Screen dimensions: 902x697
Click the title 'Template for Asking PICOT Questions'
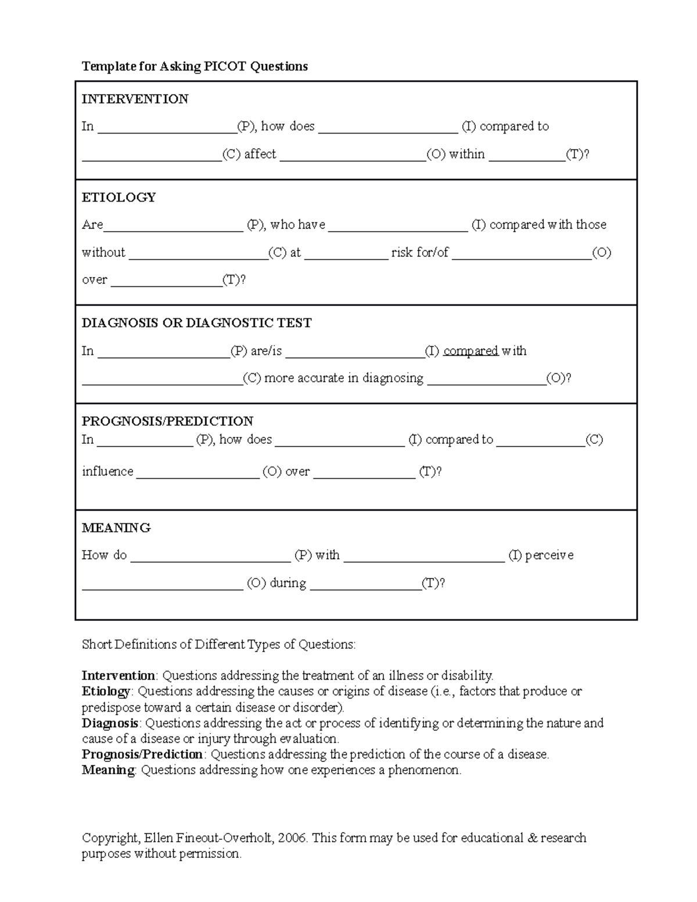(x=195, y=66)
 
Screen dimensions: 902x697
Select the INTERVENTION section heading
(x=135, y=99)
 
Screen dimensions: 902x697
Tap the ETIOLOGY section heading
(x=118, y=197)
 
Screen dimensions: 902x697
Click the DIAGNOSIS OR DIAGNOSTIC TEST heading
(x=196, y=323)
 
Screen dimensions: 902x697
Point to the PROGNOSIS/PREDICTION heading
(x=167, y=421)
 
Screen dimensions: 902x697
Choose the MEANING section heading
(x=116, y=528)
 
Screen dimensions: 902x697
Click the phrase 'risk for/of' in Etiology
(x=419, y=252)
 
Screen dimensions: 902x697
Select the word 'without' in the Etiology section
(x=103, y=252)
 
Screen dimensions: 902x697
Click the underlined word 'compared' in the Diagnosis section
(x=470, y=351)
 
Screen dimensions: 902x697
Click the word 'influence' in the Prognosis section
(x=107, y=471)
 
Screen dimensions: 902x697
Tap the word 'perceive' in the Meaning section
(x=549, y=555)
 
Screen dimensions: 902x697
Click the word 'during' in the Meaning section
(x=288, y=583)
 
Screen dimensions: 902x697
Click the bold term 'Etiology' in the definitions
(x=106, y=691)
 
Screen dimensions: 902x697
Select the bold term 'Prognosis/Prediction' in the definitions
(x=142, y=754)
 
